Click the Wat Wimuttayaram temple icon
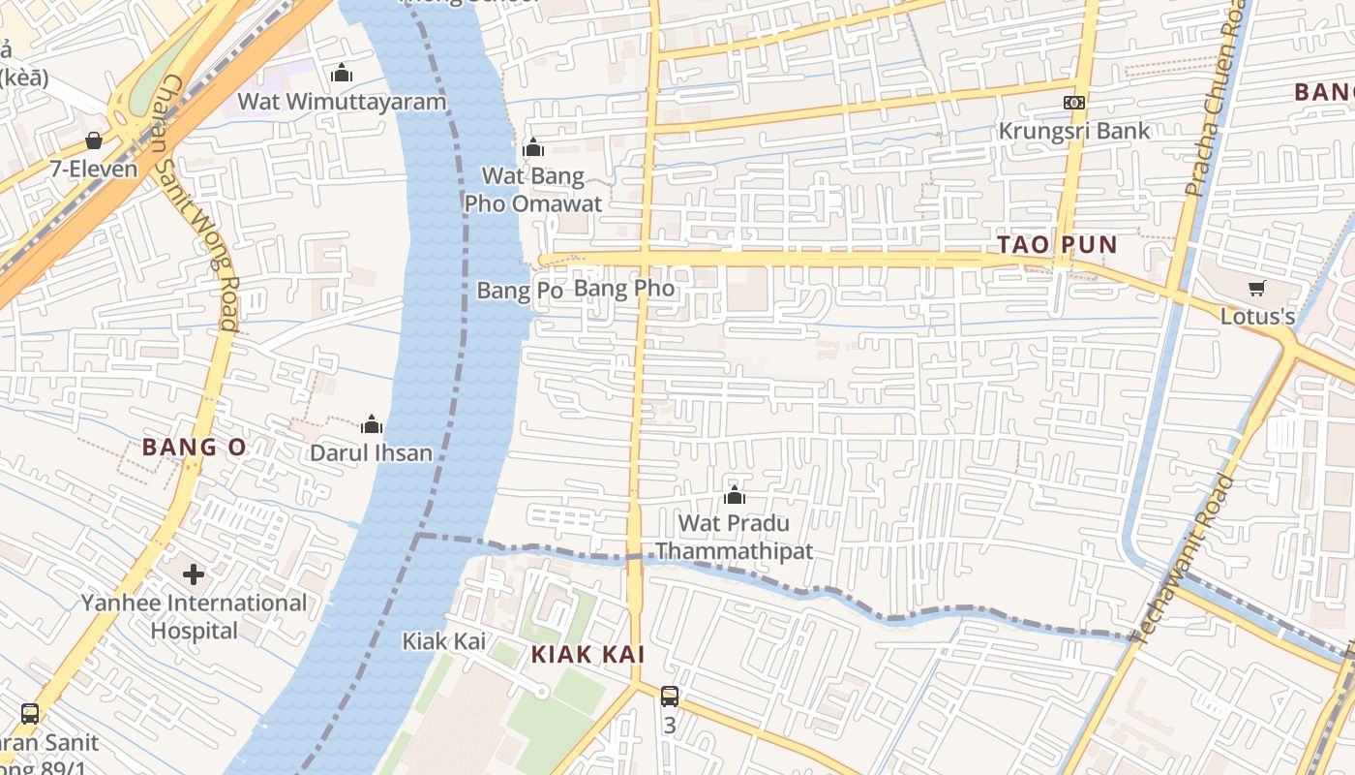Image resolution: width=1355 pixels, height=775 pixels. [341, 73]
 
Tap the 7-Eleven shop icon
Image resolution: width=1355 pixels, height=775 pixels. [94, 140]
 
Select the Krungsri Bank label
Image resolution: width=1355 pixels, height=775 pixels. [1074, 131]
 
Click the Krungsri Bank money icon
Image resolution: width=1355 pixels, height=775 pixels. [1074, 103]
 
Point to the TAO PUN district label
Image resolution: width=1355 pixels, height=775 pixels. [1057, 245]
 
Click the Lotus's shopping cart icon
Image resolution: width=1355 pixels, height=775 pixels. [1256, 288]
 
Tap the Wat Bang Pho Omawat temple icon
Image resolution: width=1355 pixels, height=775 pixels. [532, 147]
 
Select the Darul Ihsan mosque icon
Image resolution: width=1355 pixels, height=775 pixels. [372, 424]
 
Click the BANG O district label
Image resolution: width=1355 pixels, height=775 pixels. [195, 448]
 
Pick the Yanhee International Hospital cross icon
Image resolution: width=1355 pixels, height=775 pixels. [194, 574]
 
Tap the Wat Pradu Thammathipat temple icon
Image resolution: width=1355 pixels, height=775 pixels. [735, 496]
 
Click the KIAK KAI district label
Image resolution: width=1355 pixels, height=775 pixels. [587, 655]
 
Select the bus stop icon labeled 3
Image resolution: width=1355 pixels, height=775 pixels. [669, 696]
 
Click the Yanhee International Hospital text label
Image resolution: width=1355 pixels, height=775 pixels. [194, 617]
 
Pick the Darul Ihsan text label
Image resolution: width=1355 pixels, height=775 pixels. [371, 453]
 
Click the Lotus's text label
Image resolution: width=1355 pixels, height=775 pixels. [1257, 317]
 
